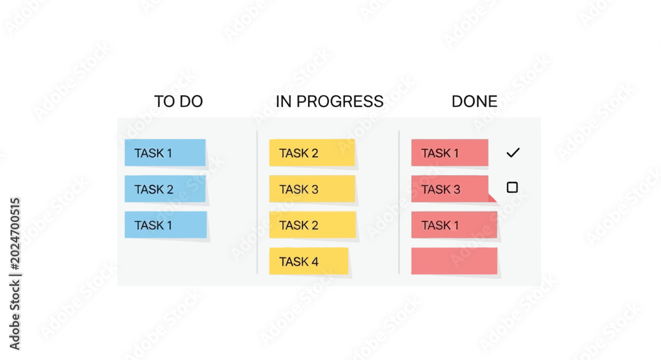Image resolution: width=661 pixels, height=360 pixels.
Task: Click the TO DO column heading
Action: pyautogui.click(x=178, y=102)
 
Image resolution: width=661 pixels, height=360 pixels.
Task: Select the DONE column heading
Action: pyautogui.click(x=474, y=102)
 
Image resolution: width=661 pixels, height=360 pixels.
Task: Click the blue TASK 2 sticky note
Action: pyautogui.click(x=165, y=189)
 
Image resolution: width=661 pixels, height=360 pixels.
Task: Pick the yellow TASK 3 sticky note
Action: pyautogui.click(x=312, y=189)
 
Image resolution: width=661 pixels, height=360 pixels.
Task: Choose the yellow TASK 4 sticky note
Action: pyautogui.click(x=309, y=261)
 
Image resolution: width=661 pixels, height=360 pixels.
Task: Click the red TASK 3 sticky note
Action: pyautogui.click(x=451, y=189)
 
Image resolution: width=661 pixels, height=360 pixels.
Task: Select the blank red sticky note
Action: pyautogui.click(x=455, y=261)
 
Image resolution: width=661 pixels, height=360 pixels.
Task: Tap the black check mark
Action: pyautogui.click(x=513, y=153)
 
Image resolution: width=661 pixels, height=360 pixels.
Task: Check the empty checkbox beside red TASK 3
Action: pyautogui.click(x=512, y=188)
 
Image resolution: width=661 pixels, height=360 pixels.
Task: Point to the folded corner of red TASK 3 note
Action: pyautogui.click(x=492, y=198)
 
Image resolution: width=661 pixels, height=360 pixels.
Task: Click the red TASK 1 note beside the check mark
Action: pyautogui.click(x=449, y=153)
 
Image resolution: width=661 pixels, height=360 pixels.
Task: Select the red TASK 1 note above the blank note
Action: pyautogui.click(x=455, y=225)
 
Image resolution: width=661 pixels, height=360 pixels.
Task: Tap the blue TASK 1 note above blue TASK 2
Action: pyautogui.click(x=165, y=153)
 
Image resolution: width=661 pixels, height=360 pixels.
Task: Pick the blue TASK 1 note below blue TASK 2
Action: pyautogui.click(x=166, y=225)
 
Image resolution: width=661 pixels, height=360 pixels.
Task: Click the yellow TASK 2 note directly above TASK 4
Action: pyautogui.click(x=313, y=225)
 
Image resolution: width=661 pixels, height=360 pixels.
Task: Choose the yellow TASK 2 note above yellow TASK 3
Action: pyautogui.click(x=312, y=153)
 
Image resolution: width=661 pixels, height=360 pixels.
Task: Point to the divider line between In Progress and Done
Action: pyautogui.click(x=399, y=203)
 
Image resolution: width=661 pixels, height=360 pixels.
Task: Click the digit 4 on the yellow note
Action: pyautogui.click(x=315, y=262)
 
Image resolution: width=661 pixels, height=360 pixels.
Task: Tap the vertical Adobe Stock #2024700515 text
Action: pyautogui.click(x=15, y=273)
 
